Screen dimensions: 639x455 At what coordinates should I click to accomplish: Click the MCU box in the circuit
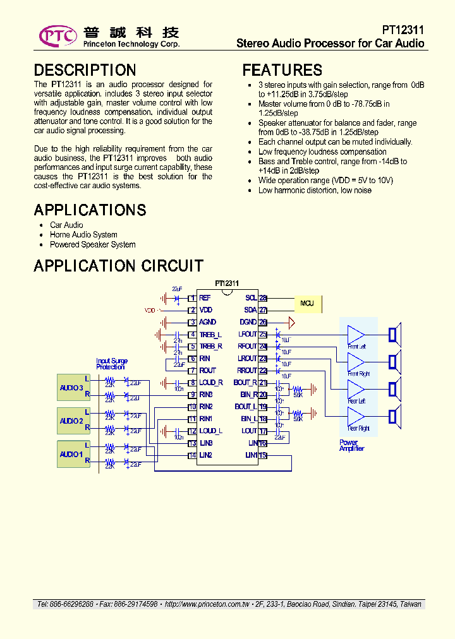(307, 304)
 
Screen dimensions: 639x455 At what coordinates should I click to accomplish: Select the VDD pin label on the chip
(205, 310)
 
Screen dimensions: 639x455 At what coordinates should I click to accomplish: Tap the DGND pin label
(248, 322)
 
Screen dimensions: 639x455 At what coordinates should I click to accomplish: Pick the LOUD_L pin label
(210, 431)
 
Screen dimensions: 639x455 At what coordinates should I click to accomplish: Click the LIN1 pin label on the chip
(252, 455)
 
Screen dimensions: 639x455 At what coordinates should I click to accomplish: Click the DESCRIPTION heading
(85, 70)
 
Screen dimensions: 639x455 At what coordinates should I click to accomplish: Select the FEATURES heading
(282, 70)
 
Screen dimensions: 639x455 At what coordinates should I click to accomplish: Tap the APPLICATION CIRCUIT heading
(118, 266)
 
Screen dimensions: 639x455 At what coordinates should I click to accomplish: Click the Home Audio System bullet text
(83, 235)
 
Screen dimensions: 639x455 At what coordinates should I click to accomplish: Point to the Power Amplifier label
(351, 445)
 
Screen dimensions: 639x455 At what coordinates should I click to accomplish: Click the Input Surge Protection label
(111, 364)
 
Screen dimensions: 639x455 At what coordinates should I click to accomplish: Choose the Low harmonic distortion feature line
(315, 190)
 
